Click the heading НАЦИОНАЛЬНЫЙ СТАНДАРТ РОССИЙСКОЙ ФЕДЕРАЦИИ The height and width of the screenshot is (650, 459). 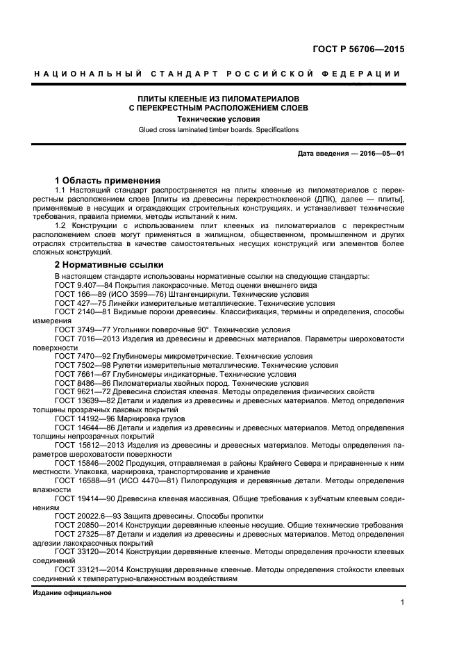point(217,74)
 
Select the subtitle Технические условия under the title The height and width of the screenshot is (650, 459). point(217,119)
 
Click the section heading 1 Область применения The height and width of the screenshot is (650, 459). point(108,179)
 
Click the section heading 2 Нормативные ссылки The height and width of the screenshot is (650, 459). point(109,264)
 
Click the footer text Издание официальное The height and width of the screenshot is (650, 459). point(72,592)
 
